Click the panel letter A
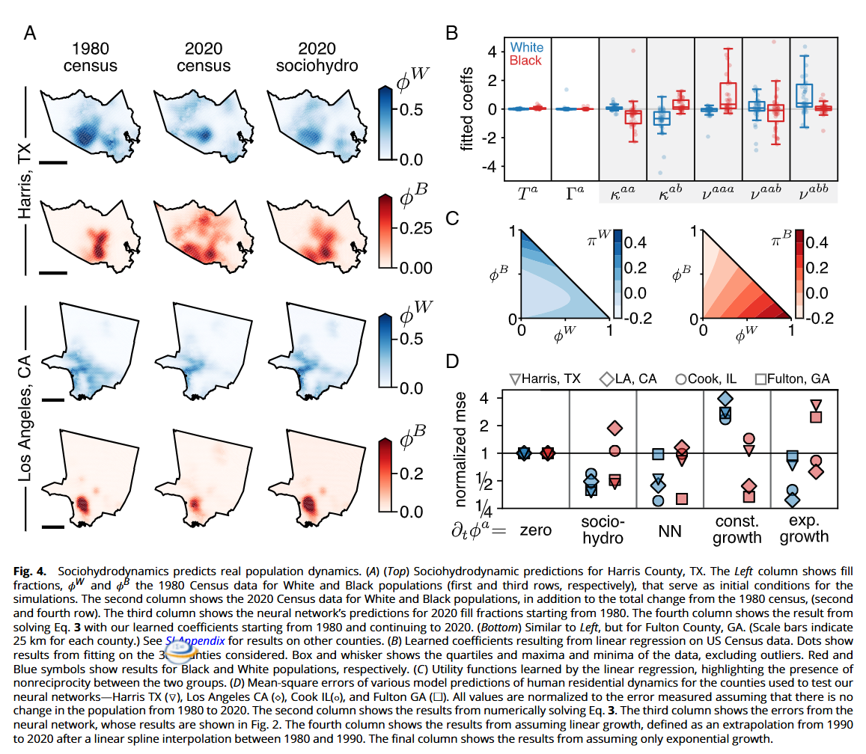point(31,34)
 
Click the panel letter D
point(452,362)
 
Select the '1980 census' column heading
point(90,58)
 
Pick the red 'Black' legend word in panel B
point(525,60)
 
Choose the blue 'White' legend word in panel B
point(527,47)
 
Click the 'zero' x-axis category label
point(535,530)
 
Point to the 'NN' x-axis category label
point(668,530)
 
